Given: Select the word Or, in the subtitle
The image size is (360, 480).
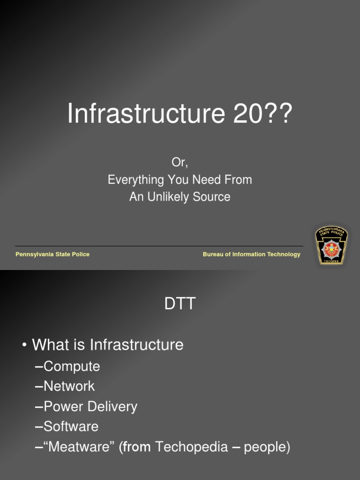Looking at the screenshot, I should [180, 163].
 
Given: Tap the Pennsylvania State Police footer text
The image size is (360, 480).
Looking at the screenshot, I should [52, 255].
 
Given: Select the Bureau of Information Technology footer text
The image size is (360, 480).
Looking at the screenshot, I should [251, 255].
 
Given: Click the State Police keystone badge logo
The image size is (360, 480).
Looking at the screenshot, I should [331, 245].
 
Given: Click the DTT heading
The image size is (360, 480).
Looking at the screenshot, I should [180, 304].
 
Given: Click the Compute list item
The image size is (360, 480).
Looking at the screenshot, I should [71, 367].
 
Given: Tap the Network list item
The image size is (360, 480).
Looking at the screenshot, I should [69, 386].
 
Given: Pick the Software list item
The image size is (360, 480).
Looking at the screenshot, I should [71, 427].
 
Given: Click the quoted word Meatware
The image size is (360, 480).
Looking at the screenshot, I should [79, 447].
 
